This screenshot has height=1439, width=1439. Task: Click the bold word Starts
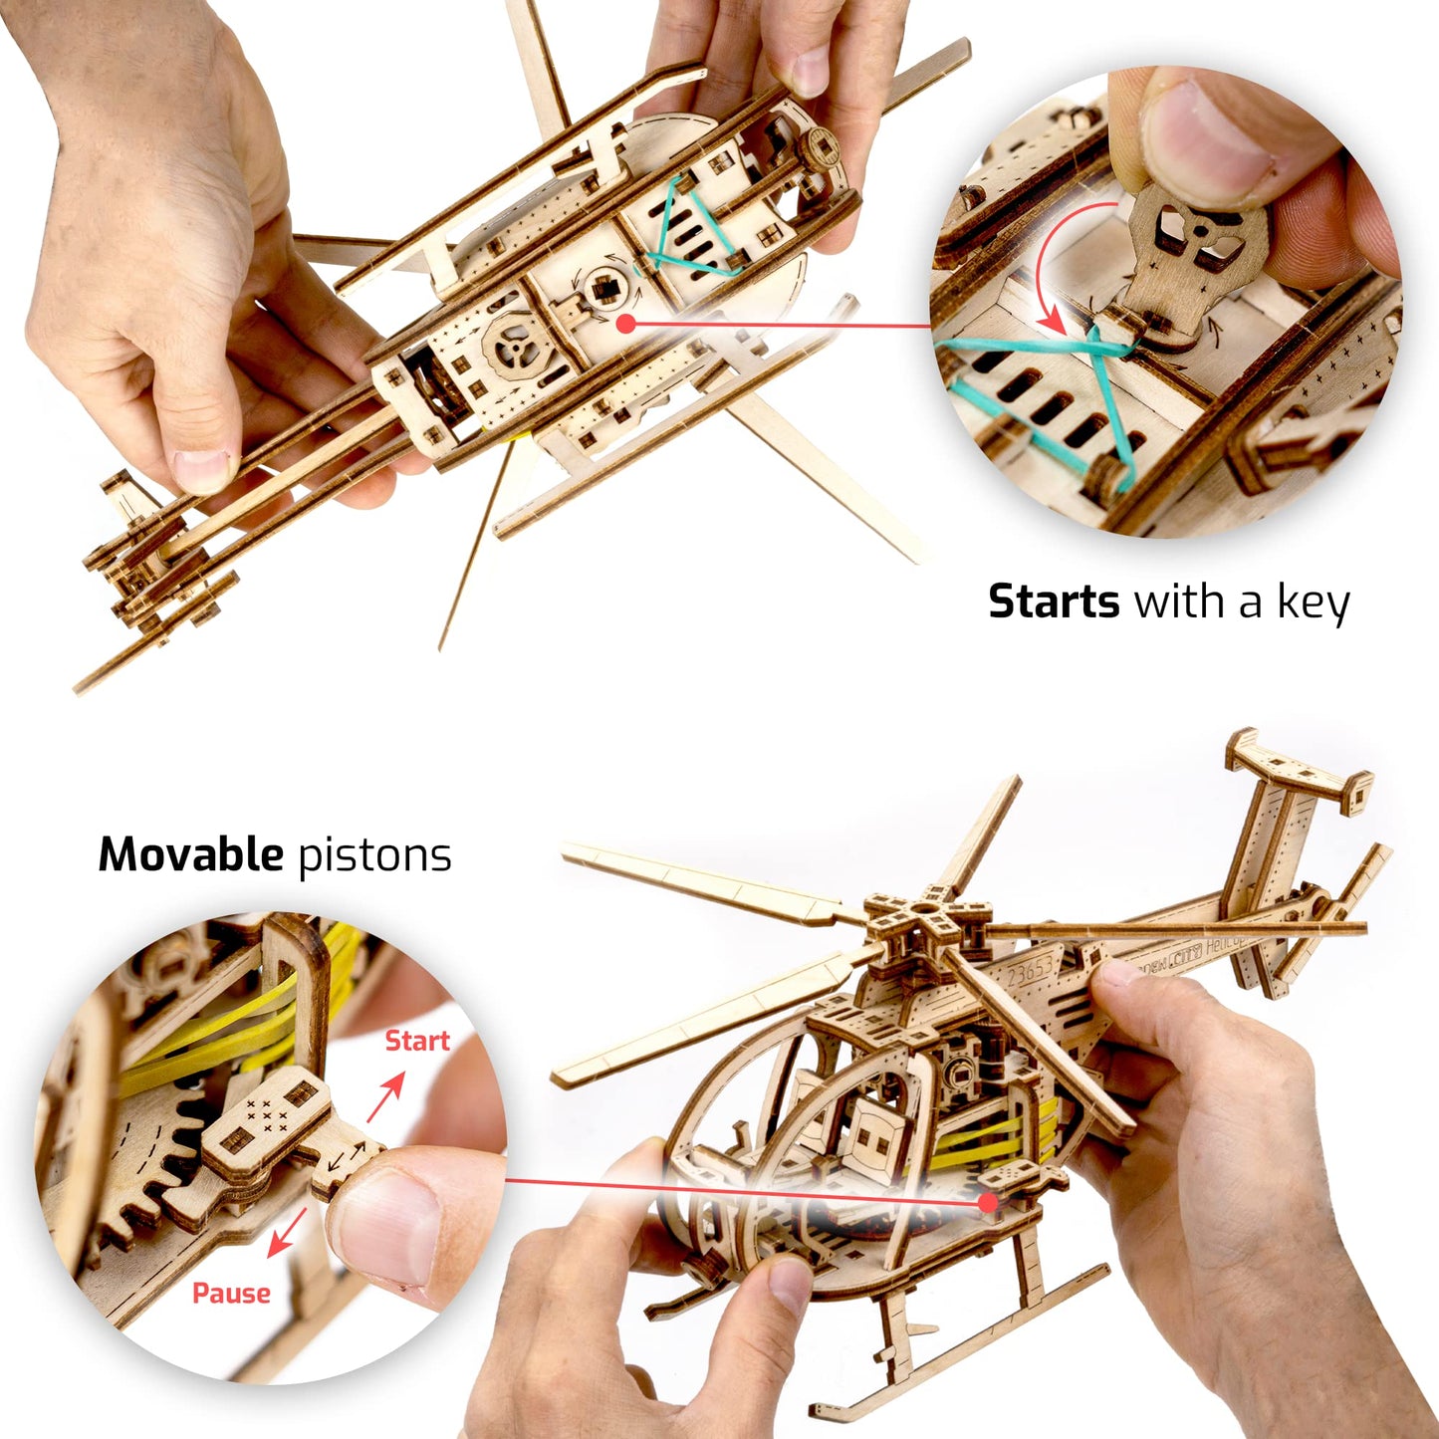(x=1054, y=601)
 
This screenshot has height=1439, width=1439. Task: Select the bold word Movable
(x=190, y=854)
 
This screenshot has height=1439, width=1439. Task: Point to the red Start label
(x=417, y=1041)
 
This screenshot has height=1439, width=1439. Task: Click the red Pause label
(x=231, y=1293)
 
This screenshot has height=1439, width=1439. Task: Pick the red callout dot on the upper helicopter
(x=625, y=323)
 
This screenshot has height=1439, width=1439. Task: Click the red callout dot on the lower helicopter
(x=988, y=1202)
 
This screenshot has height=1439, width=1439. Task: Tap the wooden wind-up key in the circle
(x=1195, y=249)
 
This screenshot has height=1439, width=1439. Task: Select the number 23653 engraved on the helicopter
(x=1030, y=971)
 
